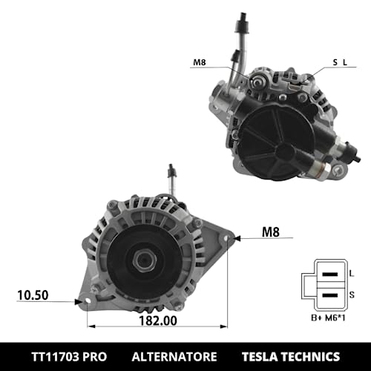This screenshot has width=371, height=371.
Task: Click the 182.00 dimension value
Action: [158, 321]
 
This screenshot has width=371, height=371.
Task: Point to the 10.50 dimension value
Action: [33, 295]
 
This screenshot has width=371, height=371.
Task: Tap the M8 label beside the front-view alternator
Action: [272, 233]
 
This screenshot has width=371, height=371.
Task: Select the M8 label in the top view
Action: [199, 63]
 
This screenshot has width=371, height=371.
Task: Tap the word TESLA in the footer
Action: [265, 355]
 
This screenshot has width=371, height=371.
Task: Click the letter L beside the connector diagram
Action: [352, 273]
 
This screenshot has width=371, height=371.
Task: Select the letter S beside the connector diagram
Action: [352, 295]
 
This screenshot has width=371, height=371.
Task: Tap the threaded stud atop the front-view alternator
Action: [172, 180]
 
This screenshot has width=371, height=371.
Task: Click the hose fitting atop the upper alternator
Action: [244, 30]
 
